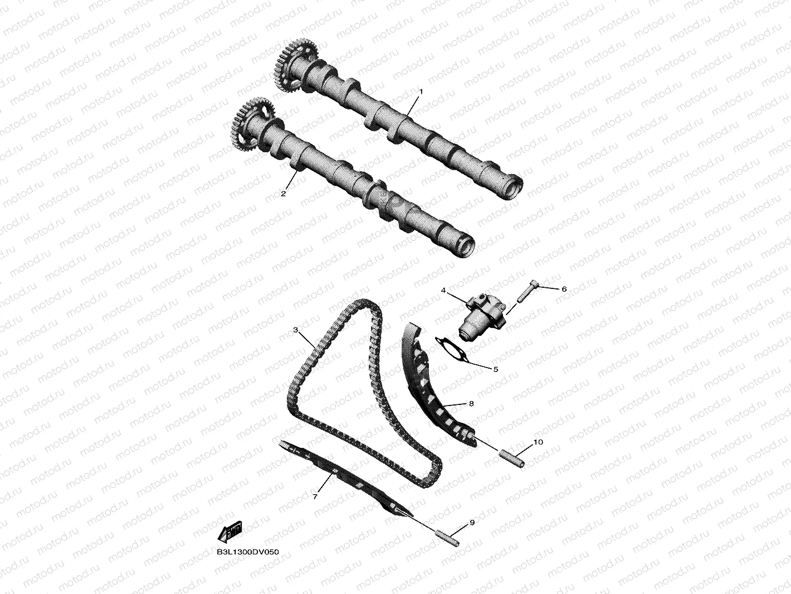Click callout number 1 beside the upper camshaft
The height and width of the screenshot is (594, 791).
pos(421,92)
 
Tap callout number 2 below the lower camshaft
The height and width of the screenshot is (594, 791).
pos(284,194)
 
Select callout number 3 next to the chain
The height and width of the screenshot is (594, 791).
pos(295,330)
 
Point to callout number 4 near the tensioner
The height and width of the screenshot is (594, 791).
pos(443,291)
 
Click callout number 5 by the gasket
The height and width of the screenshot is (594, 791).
pos(496,369)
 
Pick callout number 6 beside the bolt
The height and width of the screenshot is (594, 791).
pos(564,289)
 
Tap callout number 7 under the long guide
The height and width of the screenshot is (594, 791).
pos(315,496)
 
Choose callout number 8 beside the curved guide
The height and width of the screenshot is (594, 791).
pos(471,404)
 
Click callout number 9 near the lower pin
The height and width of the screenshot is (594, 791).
pos(472,522)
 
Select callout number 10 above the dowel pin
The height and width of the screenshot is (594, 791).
pos(538,442)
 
